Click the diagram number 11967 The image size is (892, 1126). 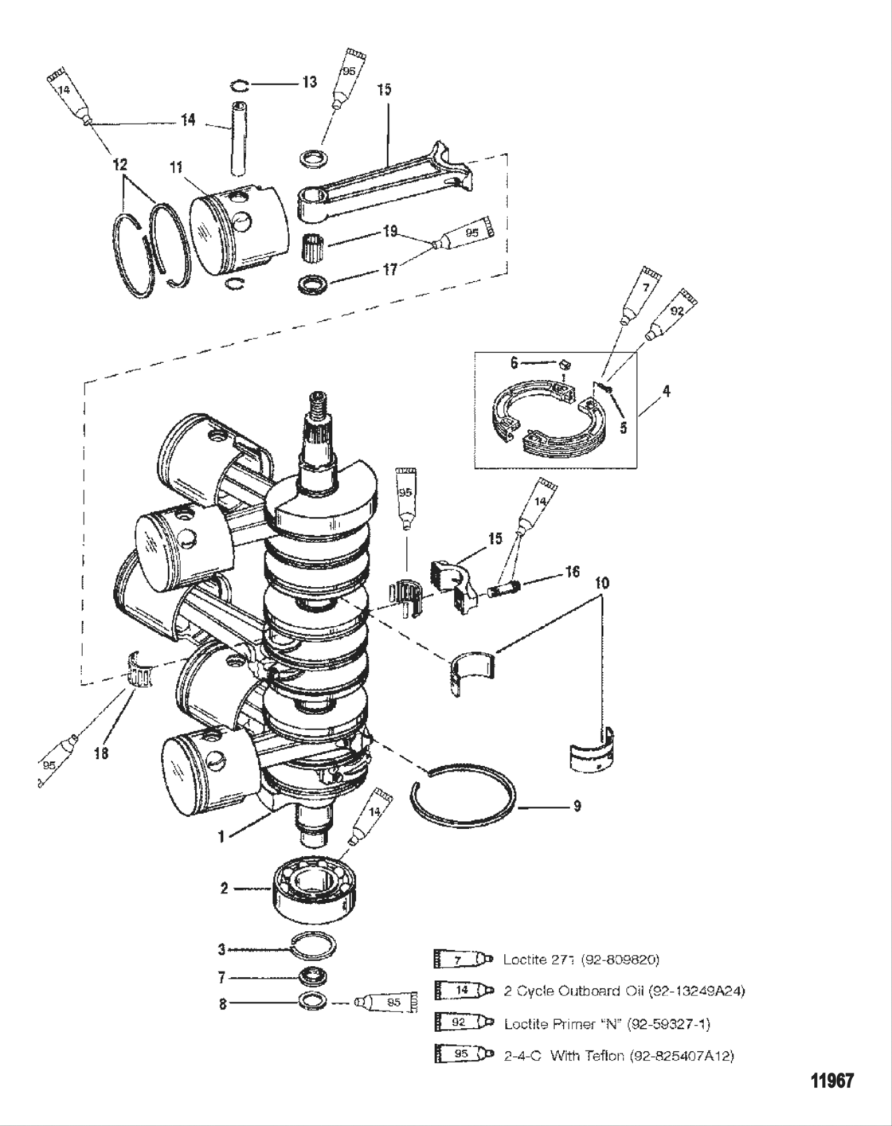click(x=831, y=1081)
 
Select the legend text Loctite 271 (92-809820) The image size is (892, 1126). click(x=581, y=959)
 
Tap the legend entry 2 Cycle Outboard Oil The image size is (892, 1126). click(x=624, y=991)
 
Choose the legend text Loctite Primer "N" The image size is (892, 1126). click(x=606, y=1022)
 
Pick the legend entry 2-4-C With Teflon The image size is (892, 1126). click(x=618, y=1055)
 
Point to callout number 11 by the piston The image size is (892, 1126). click(x=176, y=168)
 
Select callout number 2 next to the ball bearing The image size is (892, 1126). click(x=225, y=887)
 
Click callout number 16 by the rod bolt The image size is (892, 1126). click(x=572, y=572)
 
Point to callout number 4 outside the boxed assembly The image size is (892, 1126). click(x=666, y=391)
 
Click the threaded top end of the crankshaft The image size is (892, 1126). click(x=319, y=408)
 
